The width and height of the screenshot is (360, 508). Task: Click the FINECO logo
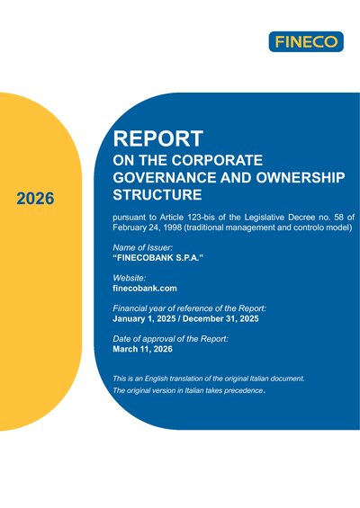pyautogui.click(x=306, y=41)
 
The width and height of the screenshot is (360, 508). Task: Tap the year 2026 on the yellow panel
pyautogui.click(x=35, y=199)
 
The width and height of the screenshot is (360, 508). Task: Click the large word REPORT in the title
pyautogui.click(x=157, y=138)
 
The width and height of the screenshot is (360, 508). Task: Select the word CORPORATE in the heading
pyautogui.click(x=217, y=160)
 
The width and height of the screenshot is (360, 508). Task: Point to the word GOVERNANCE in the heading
pyautogui.click(x=165, y=177)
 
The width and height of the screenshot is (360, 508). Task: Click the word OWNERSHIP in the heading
pyautogui.click(x=301, y=177)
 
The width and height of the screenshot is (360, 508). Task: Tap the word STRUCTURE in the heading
pyautogui.click(x=157, y=195)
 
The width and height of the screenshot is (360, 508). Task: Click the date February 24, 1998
pyautogui.click(x=147, y=227)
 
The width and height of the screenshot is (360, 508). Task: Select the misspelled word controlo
pyautogui.click(x=308, y=227)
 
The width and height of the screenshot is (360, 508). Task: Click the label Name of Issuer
pyautogui.click(x=143, y=247)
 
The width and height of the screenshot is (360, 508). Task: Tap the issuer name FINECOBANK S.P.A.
pyautogui.click(x=157, y=258)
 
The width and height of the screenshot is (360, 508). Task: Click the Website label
pyautogui.click(x=130, y=278)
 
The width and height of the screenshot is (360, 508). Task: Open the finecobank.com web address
pyautogui.click(x=145, y=289)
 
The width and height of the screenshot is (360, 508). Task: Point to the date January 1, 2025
pyautogui.click(x=144, y=318)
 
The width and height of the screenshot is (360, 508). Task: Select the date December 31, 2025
pyautogui.click(x=220, y=318)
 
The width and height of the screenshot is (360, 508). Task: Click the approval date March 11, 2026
pyautogui.click(x=143, y=349)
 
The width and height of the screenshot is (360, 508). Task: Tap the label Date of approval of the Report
pyautogui.click(x=171, y=339)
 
